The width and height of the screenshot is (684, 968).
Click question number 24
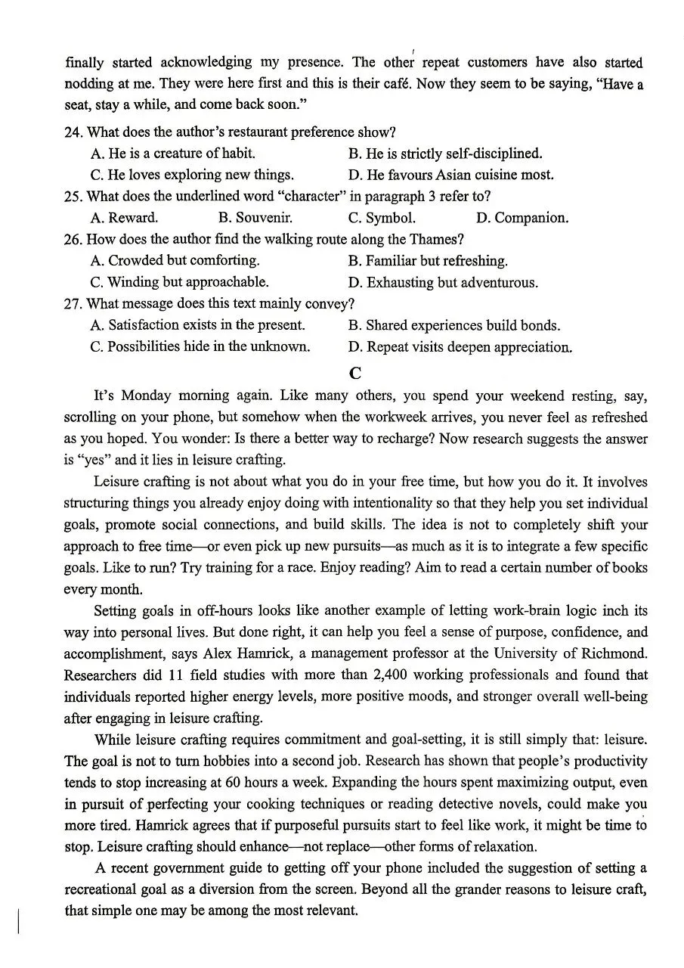(73, 132)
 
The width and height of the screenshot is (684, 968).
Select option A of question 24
(172, 154)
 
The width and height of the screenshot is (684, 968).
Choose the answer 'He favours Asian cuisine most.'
(451, 175)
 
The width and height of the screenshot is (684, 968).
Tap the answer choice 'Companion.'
(522, 218)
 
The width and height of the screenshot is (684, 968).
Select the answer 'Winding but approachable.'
(179, 282)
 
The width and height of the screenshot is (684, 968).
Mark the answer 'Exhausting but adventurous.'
(443, 282)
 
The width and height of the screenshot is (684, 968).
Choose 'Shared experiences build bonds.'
(453, 325)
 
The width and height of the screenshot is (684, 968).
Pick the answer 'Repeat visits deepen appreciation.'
(460, 347)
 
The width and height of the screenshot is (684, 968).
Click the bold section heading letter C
(356, 373)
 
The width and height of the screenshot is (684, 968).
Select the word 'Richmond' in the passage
(611, 653)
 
